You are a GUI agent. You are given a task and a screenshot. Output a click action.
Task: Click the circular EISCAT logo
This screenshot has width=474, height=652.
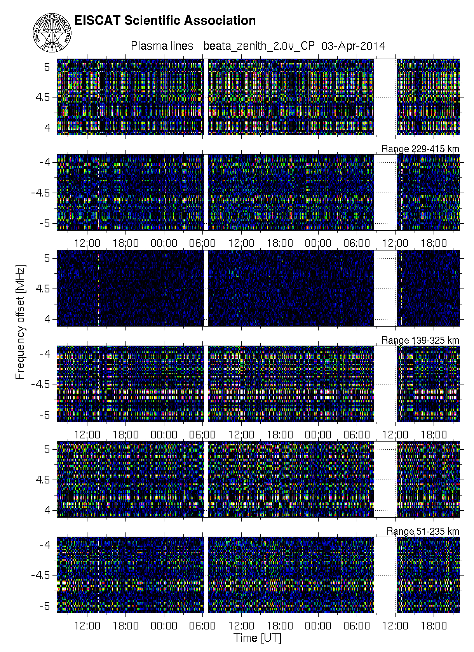pyautogui.click(x=52, y=33)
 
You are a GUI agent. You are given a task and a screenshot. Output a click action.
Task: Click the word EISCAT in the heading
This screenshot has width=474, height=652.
pyautogui.click(x=97, y=21)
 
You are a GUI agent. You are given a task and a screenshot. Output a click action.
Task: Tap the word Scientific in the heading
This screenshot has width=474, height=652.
pyautogui.click(x=152, y=21)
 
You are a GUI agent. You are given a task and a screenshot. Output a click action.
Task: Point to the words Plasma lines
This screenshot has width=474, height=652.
pyautogui.click(x=162, y=46)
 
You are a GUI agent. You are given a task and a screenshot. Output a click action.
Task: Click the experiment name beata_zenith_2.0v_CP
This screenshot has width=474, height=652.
pyautogui.click(x=259, y=46)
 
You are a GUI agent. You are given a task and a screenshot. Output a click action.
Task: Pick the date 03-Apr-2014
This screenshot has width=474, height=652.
pyautogui.click(x=354, y=46)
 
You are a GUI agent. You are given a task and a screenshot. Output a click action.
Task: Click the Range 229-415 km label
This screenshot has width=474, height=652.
pyautogui.click(x=420, y=149)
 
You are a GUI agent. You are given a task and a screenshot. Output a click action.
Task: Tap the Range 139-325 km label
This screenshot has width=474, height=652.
pyautogui.click(x=420, y=340)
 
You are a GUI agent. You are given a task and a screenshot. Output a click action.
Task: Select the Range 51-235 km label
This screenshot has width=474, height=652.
pyautogui.click(x=423, y=531)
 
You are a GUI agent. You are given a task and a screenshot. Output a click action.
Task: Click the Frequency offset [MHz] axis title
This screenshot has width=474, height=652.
pyautogui.click(x=20, y=322)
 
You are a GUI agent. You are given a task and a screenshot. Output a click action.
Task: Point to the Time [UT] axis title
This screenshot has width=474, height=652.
pyautogui.click(x=258, y=638)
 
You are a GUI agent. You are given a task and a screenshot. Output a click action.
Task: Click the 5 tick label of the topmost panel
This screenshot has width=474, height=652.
pyautogui.click(x=47, y=67)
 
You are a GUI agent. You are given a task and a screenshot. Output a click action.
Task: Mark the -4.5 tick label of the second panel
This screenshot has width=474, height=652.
pyautogui.click(x=41, y=193)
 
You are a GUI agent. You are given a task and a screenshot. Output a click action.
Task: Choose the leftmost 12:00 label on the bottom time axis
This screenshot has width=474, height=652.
pyautogui.click(x=87, y=626)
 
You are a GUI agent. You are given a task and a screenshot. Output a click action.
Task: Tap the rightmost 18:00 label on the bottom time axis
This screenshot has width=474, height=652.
pyautogui.click(x=434, y=626)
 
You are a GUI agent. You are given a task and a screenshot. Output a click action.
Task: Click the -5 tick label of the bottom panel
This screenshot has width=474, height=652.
pyautogui.click(x=45, y=606)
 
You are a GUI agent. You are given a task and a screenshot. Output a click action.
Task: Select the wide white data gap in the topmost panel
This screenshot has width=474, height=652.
pyautogui.click(x=385, y=97)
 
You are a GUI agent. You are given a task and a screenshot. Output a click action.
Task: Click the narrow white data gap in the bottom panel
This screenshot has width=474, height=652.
pyautogui.click(x=206, y=575)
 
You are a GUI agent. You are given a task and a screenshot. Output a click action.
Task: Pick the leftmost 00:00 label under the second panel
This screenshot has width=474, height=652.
pyautogui.click(x=164, y=243)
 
